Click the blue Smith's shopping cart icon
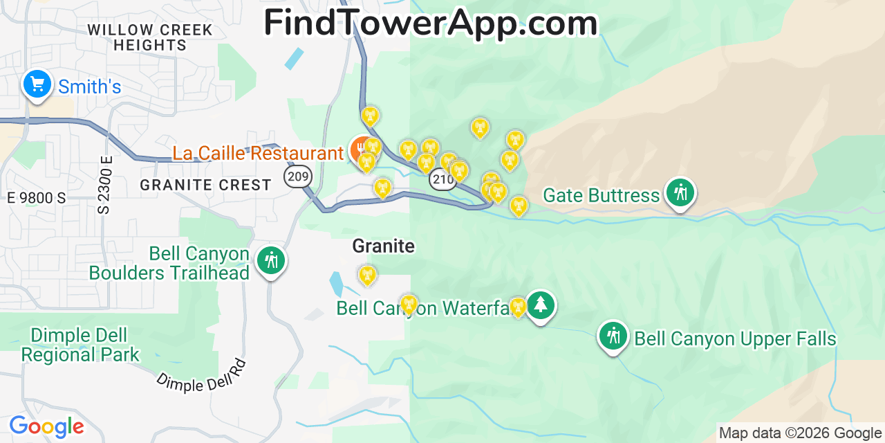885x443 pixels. coord(37,84)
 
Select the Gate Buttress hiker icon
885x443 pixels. coord(680,192)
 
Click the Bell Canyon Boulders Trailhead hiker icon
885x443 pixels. coord(270,261)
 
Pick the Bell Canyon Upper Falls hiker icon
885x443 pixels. coord(613,336)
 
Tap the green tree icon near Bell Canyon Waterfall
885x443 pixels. coord(540,305)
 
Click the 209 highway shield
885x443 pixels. coord(297,177)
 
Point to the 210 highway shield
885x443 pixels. coord(442,180)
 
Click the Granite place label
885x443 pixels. coord(383,246)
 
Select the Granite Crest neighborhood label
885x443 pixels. coord(205,185)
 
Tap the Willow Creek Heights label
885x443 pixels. coord(150,37)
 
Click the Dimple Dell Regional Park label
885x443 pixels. coord(80,345)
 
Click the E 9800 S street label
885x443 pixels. coord(37,198)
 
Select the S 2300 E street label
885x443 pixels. coord(106,184)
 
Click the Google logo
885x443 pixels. coord(46,426)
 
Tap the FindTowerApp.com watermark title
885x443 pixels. coord(430,22)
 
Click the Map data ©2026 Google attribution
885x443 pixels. coord(800,433)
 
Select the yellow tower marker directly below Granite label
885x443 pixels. coord(367,275)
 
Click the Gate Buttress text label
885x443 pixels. coord(601,195)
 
